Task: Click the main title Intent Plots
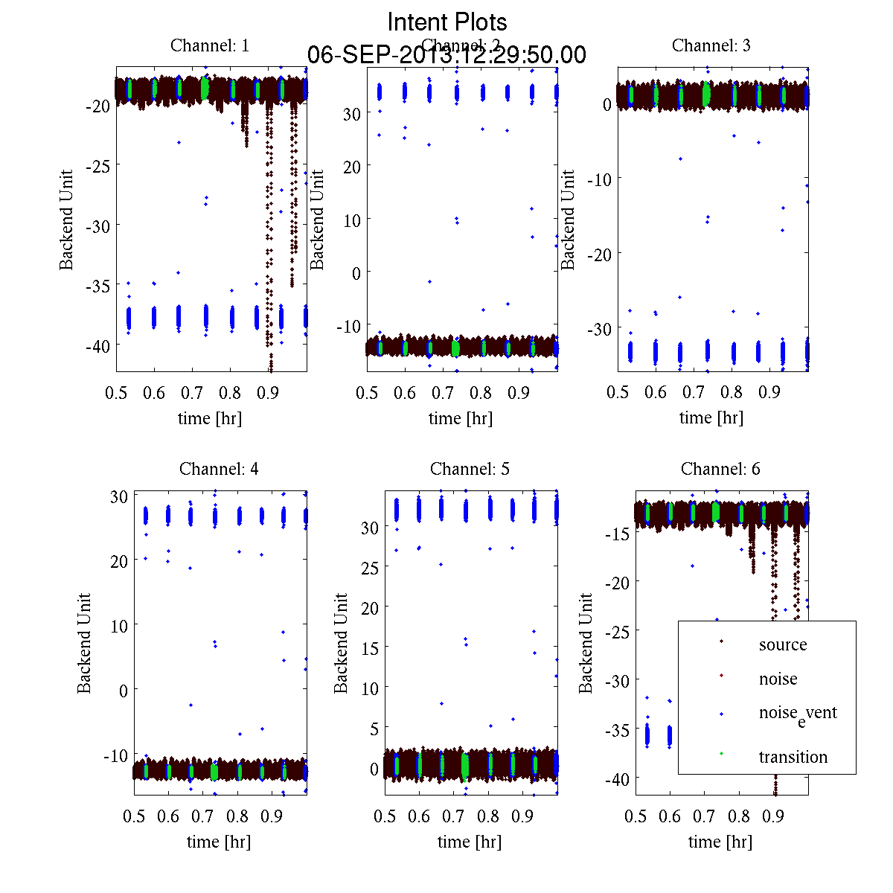(447, 22)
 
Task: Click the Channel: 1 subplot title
(210, 45)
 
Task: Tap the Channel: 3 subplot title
(711, 45)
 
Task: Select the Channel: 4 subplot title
(219, 469)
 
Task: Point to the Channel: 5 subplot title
(470, 469)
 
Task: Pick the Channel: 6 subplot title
(720, 469)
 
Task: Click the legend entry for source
(782, 644)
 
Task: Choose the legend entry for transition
(793, 757)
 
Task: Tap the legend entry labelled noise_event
(797, 713)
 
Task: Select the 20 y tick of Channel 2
(351, 166)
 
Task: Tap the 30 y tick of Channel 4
(119, 496)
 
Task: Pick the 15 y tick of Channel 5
(370, 648)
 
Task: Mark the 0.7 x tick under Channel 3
(694, 392)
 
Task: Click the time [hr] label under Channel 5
(470, 842)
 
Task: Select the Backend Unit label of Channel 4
(84, 643)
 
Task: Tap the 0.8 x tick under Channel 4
(237, 816)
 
